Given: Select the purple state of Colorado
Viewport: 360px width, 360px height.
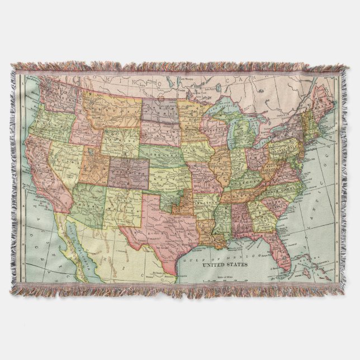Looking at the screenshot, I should tap(129, 172).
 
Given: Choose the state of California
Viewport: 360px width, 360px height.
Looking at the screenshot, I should tap(47, 168).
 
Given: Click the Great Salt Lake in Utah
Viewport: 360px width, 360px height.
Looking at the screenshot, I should tap(90, 150).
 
